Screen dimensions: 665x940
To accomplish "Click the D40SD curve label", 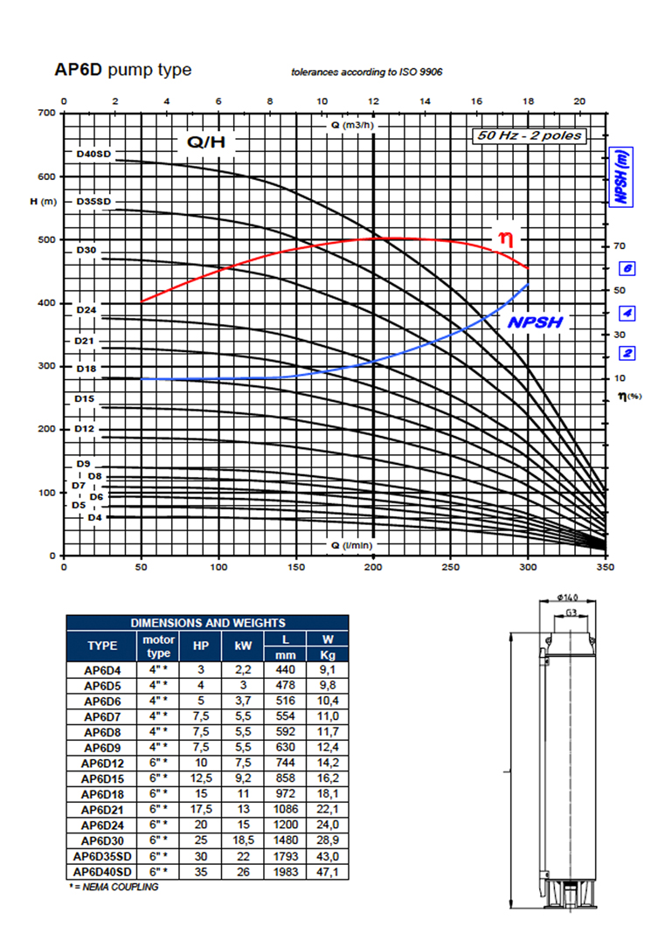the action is click(x=94, y=154).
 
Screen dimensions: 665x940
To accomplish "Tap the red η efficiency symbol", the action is click(x=505, y=239).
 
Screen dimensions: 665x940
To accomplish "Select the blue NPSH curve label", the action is click(x=536, y=322).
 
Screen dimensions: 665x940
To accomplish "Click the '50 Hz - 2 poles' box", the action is click(x=530, y=135).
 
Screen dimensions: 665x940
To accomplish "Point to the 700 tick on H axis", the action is click(x=47, y=113).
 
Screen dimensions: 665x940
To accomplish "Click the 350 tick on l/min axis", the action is click(x=606, y=567).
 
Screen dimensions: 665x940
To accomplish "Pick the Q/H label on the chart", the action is click(x=206, y=142).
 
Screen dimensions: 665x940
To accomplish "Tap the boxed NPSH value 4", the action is click(x=627, y=313).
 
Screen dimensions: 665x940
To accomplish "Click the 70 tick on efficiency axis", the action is click(x=620, y=245).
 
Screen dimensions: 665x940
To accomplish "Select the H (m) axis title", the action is click(x=43, y=202).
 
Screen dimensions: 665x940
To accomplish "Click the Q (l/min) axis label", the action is click(x=351, y=545).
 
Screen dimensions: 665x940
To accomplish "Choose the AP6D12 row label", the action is click(x=102, y=764).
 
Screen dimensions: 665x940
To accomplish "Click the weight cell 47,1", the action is click(x=328, y=872).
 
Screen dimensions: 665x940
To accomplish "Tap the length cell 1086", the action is click(x=286, y=809).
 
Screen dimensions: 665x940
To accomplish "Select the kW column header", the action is click(x=243, y=646).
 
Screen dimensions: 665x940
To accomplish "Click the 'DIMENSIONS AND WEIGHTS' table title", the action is click(x=207, y=623).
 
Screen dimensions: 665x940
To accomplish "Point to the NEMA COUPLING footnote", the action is click(x=114, y=887).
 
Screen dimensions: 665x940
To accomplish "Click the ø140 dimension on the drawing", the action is click(x=567, y=597).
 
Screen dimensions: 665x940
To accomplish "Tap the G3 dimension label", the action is click(x=571, y=612).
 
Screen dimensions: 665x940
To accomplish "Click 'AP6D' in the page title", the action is click(x=79, y=70).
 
